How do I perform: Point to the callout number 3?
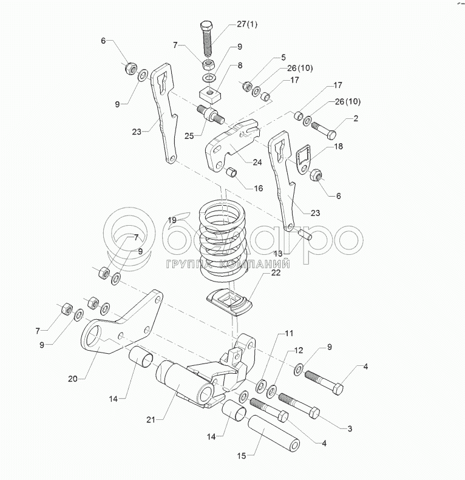point(350,429)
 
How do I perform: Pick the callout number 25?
point(189,137)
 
